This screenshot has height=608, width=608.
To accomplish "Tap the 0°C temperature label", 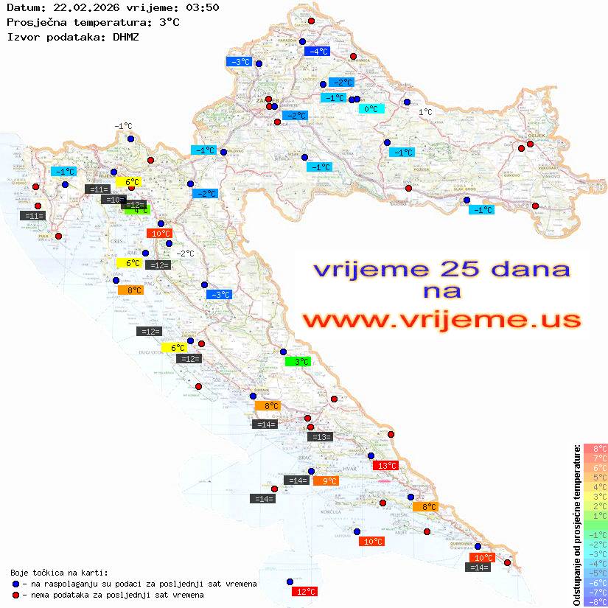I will (371, 109).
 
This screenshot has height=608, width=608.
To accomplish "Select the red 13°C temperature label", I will (386, 466).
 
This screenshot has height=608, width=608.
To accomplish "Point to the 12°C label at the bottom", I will (305, 591).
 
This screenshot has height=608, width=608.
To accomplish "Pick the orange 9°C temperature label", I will (326, 481).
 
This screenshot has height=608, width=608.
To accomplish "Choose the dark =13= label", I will (321, 437).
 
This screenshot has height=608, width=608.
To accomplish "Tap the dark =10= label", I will (114, 200).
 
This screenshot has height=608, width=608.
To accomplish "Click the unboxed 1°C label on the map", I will (426, 112).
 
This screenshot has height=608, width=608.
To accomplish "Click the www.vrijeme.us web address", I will (441, 321).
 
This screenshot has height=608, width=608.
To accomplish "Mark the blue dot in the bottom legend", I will (15, 584).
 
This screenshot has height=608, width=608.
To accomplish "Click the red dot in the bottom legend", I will (15, 595).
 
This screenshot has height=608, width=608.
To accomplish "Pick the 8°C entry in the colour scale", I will (595, 449).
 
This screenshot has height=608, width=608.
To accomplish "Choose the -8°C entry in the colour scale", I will (595, 601).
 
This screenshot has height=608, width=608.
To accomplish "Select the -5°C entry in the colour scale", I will (595, 573).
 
